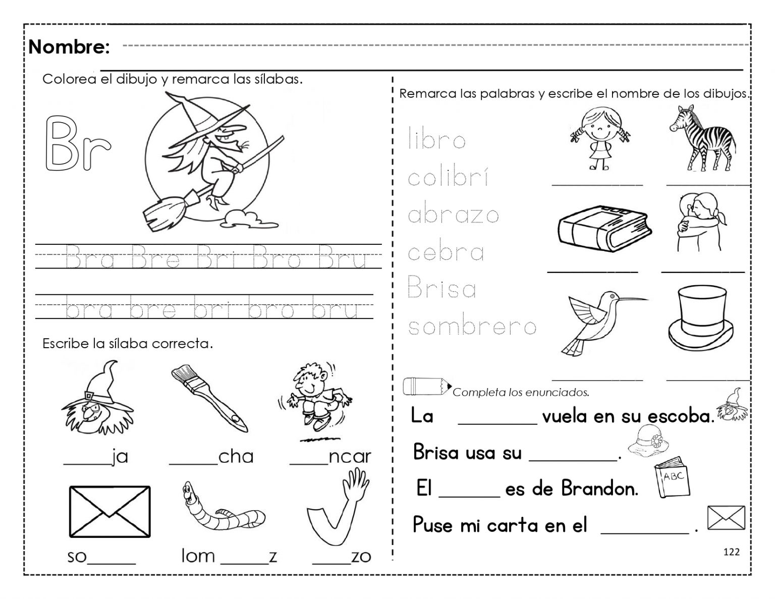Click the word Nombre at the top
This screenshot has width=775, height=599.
click(69, 47)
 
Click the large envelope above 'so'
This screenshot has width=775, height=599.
click(109, 511)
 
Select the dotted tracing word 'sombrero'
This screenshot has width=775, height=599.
click(472, 327)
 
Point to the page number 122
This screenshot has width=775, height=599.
click(731, 552)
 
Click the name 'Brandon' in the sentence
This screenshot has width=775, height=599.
click(599, 488)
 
